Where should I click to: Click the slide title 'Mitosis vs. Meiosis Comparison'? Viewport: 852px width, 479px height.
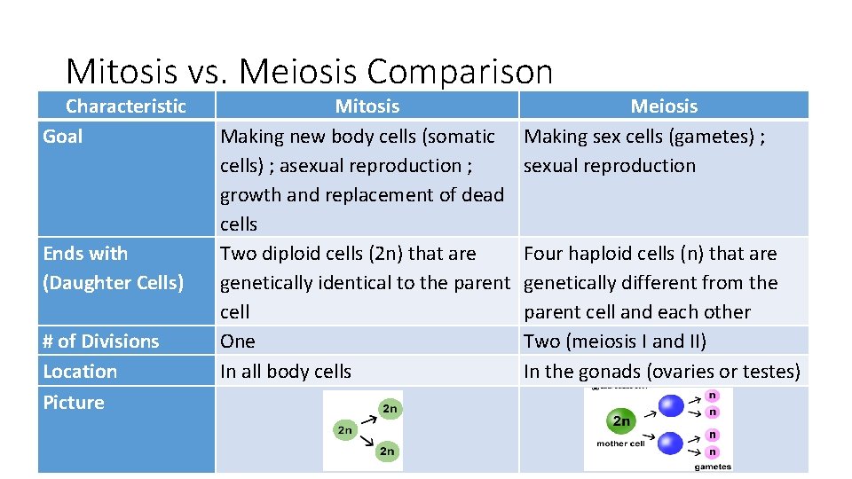pyautogui.click(x=309, y=71)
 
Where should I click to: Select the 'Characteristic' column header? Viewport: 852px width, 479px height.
pyautogui.click(x=126, y=106)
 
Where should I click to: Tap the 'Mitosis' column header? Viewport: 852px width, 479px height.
pyautogui.click(x=367, y=106)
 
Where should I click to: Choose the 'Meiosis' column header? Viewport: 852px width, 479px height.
pyautogui.click(x=664, y=106)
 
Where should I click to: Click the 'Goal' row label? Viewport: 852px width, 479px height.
pyautogui.click(x=63, y=137)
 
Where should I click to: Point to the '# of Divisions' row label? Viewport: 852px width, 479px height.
pyautogui.click(x=101, y=342)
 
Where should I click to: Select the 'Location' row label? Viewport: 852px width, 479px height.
pyautogui.click(x=80, y=372)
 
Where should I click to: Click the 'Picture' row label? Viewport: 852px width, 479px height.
pyautogui.click(x=74, y=403)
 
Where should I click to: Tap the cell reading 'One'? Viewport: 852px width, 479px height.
pyautogui.click(x=238, y=342)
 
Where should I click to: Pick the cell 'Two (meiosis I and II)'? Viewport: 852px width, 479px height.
pyautogui.click(x=617, y=342)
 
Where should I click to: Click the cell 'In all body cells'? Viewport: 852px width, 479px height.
pyautogui.click(x=286, y=372)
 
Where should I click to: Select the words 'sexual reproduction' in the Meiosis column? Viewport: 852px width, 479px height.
pyautogui.click(x=610, y=166)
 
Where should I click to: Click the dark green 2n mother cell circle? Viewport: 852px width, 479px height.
pyautogui.click(x=622, y=421)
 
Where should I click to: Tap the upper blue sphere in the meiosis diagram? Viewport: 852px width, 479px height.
pyautogui.click(x=672, y=405)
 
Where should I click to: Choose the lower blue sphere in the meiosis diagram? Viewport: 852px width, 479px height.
pyautogui.click(x=672, y=442)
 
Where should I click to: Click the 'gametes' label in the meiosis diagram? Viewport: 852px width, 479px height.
pyautogui.click(x=713, y=466)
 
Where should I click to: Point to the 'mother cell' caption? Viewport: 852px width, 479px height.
pyautogui.click(x=620, y=444)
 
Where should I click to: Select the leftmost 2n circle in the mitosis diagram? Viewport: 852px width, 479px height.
pyautogui.click(x=344, y=430)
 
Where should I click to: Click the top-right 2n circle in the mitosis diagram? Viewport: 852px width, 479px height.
pyautogui.click(x=389, y=408)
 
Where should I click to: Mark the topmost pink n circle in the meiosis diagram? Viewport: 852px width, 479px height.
pyautogui.click(x=714, y=396)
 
